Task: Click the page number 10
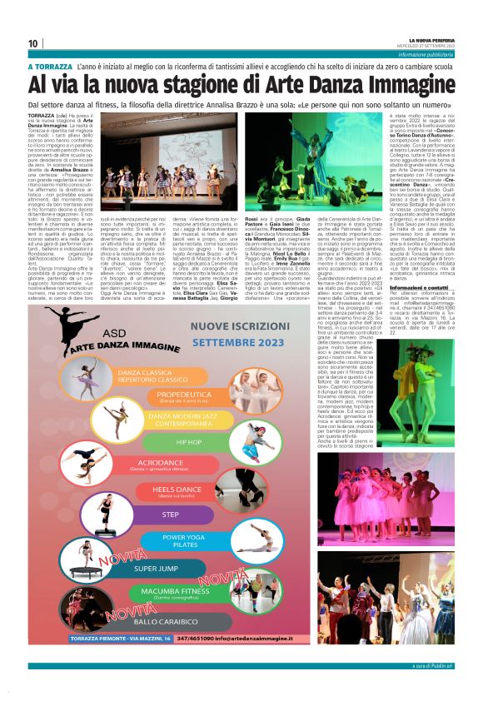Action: click(33, 44)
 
